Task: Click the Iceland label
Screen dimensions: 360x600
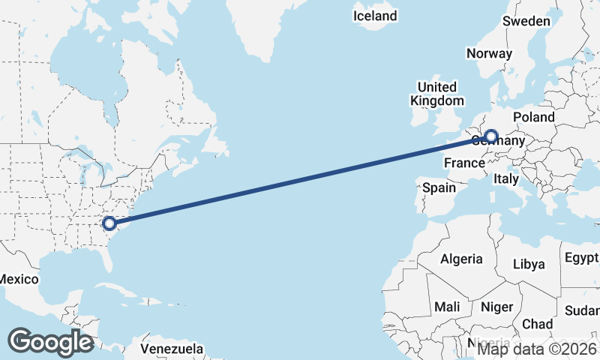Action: [376, 16]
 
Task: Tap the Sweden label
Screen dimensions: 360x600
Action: [526, 21]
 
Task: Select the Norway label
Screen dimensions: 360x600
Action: [489, 53]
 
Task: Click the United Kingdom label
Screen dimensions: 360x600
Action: [436, 94]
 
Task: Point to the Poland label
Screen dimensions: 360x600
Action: [534, 117]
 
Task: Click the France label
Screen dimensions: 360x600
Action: [465, 163]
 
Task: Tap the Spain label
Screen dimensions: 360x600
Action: [439, 187]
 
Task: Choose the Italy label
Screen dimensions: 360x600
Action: [506, 179]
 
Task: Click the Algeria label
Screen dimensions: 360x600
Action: [461, 259]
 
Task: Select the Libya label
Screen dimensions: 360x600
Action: [529, 264]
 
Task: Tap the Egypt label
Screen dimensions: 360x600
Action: [582, 259]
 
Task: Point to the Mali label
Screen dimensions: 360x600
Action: [447, 307]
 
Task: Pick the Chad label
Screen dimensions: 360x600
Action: [537, 324]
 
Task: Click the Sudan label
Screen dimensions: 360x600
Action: [582, 310]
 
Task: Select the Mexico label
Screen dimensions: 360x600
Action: [18, 279]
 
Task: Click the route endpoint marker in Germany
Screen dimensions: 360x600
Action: [490, 136]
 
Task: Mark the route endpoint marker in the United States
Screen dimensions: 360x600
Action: [109, 223]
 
